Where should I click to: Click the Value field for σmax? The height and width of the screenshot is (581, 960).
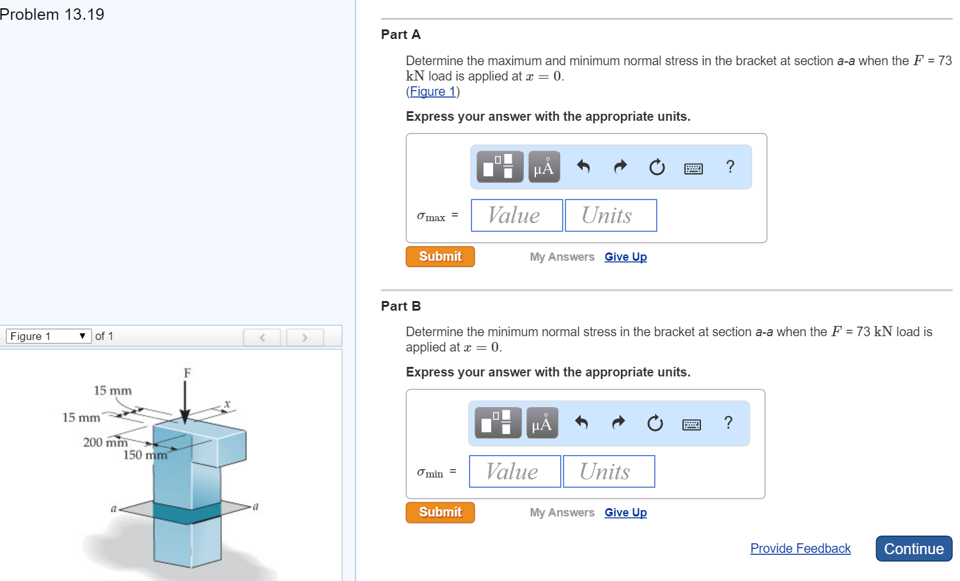point(517,215)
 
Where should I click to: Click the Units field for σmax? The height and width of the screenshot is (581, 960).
point(611,215)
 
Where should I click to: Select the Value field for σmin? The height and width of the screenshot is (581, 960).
point(515,472)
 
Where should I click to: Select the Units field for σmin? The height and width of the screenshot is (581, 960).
point(609,472)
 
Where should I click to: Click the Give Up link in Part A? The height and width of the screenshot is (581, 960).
point(626,257)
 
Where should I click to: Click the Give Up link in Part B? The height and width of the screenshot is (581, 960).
point(626,513)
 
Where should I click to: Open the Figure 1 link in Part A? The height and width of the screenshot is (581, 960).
point(432,91)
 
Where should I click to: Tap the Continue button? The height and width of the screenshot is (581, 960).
point(913,548)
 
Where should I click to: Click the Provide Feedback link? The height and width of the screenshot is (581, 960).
point(800,548)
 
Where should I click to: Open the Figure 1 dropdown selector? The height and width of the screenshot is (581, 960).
point(49,336)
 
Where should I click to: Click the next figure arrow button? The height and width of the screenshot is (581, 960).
point(304,337)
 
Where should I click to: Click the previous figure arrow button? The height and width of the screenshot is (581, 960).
point(262,337)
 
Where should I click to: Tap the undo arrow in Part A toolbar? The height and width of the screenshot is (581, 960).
point(583,167)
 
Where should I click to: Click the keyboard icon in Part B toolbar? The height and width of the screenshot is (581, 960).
point(691,424)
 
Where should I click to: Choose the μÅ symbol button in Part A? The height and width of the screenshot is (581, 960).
point(544,167)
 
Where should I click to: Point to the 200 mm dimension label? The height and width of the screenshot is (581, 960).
point(105,442)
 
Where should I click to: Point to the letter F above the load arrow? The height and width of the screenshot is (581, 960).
point(187,373)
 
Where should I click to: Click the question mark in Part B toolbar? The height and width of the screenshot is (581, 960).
point(728,422)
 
